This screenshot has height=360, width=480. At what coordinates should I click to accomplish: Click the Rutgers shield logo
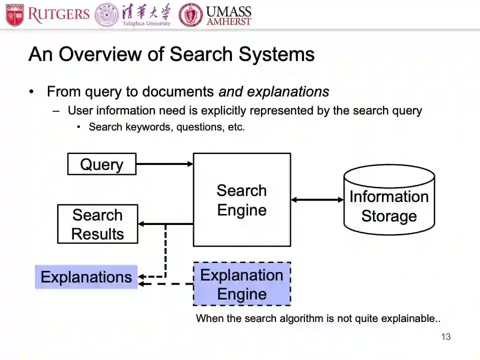(x=14, y=15)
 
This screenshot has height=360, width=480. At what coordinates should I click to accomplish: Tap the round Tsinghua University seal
(x=106, y=15)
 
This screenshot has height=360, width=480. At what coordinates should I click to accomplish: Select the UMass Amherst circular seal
(x=191, y=15)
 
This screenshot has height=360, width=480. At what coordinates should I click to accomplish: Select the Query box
(x=102, y=164)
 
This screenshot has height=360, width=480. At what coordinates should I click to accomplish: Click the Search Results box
(x=97, y=224)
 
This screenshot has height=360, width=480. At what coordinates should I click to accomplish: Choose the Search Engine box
(x=242, y=200)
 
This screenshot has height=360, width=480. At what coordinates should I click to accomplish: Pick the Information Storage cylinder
(x=389, y=200)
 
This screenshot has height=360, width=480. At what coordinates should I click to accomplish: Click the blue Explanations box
(x=86, y=277)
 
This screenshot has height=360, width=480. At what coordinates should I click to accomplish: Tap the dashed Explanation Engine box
(x=242, y=283)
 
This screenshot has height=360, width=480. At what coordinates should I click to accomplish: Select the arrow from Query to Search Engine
(x=164, y=163)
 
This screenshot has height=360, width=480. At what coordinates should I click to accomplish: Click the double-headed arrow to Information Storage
(x=317, y=200)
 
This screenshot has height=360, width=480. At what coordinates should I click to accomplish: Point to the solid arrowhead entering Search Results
(x=141, y=224)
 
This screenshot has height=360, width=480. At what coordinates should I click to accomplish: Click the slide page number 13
(x=445, y=337)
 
